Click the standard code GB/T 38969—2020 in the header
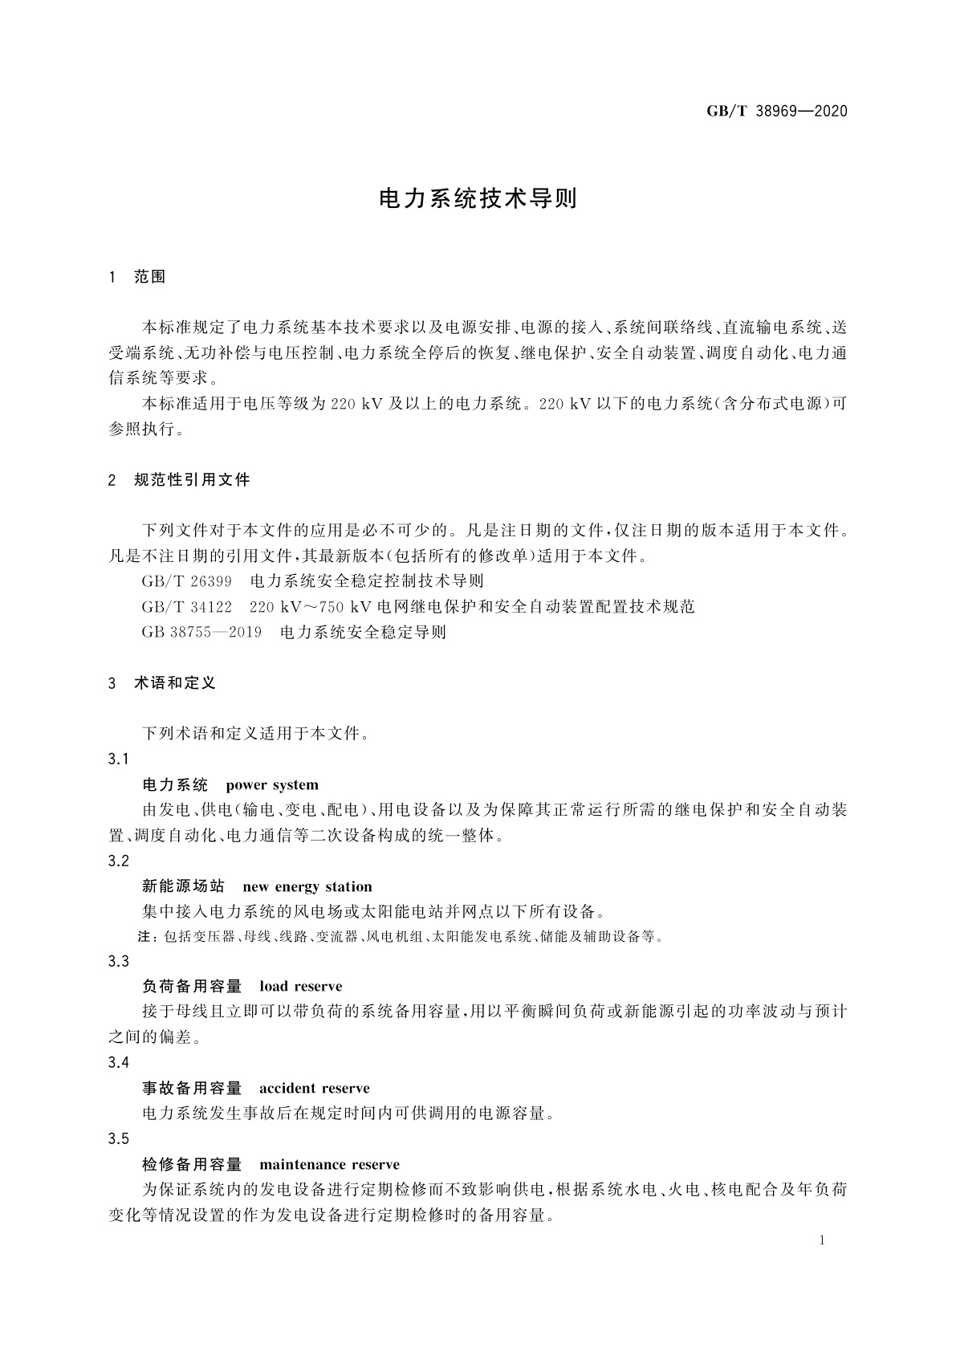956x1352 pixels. tap(776, 112)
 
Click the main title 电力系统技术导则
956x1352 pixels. tap(478, 199)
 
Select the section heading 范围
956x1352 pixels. tap(150, 277)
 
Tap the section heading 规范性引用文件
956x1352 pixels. tap(192, 480)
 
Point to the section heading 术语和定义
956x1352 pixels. tap(175, 683)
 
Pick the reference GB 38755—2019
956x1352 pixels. tap(201, 632)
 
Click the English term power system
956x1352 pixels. tap(272, 784)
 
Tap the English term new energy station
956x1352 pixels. tap(307, 886)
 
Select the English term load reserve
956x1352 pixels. tap(301, 987)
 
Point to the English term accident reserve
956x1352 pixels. tap(315, 1089)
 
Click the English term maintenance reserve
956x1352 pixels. tap(329, 1165)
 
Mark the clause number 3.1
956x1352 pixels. tap(119, 759)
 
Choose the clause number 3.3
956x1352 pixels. tap(119, 962)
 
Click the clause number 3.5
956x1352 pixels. tap(119, 1139)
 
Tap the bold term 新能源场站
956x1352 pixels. tap(183, 886)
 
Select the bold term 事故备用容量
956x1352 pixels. tap(192, 1089)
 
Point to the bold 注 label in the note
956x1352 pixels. tap(146, 936)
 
